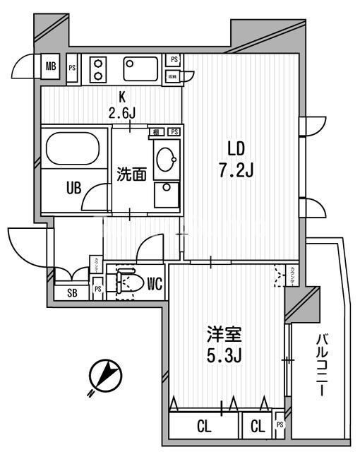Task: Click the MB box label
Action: [51, 68]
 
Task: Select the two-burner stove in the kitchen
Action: [97, 69]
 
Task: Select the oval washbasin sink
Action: [167, 156]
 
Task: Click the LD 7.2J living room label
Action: [240, 159]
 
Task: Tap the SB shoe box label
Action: [71, 293]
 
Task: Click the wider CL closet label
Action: [204, 426]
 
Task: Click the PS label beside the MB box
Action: [72, 68]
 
